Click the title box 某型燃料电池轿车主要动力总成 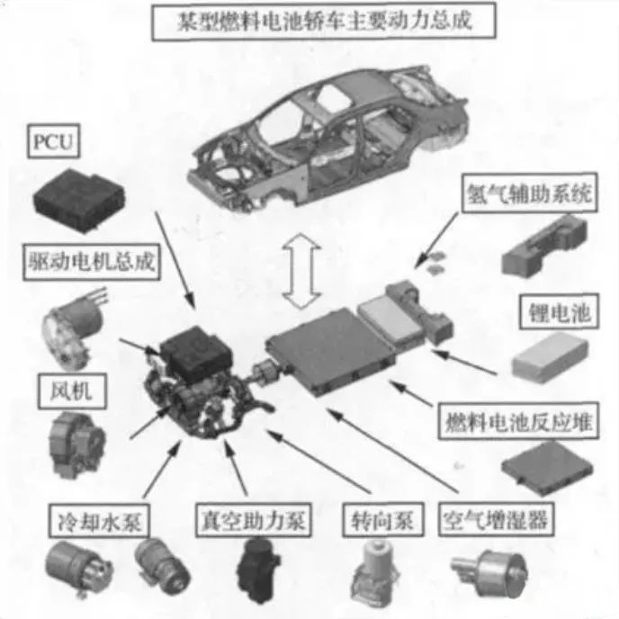click(x=324, y=22)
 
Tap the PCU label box click(x=54, y=141)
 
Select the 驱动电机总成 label click(x=92, y=262)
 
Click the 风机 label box click(x=72, y=391)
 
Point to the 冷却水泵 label click(x=99, y=521)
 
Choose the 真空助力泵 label click(x=254, y=520)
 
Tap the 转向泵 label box click(x=383, y=520)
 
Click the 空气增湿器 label click(x=496, y=519)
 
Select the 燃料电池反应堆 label click(x=518, y=421)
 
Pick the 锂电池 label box click(x=559, y=312)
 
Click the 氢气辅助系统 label click(x=529, y=193)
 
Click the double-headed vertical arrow click(x=301, y=271)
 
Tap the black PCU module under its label click(x=80, y=200)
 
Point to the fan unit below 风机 click(x=76, y=444)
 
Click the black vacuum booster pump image click(x=257, y=569)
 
